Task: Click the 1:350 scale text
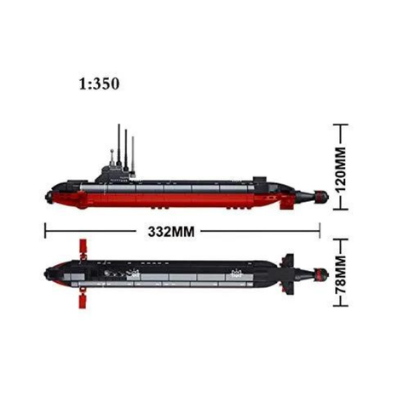99,84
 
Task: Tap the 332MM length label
171,232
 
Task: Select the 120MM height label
341,170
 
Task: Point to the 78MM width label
341,274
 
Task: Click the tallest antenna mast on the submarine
119,144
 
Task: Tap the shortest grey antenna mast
133,155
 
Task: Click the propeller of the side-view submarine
321,197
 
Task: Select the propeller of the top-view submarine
321,274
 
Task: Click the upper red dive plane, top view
83,246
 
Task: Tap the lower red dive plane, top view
83,301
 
